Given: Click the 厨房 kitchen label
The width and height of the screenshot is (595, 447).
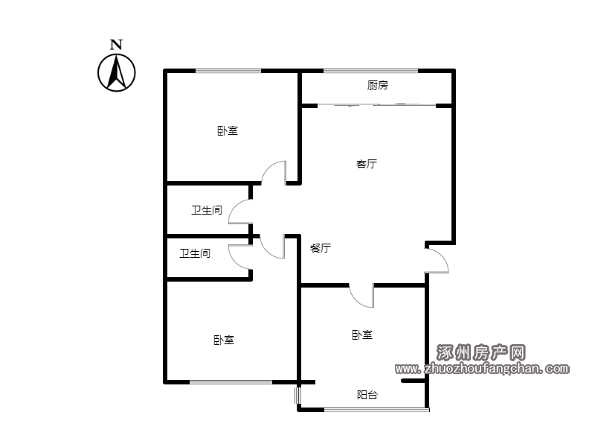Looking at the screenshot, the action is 378,86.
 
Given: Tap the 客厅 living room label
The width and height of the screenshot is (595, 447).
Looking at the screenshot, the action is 367,164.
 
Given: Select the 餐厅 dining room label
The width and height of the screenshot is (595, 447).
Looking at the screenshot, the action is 321,248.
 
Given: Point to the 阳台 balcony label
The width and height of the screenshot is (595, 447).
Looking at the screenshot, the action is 367,395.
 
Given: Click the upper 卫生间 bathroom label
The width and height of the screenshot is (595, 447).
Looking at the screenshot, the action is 207,210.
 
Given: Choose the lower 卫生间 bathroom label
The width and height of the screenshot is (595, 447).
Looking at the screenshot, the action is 195,253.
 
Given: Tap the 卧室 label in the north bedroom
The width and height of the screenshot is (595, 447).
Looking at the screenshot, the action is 228,131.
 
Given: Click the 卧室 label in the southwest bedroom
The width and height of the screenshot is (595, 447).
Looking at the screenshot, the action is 224,340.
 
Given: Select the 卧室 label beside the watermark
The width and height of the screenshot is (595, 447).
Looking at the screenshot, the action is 362,335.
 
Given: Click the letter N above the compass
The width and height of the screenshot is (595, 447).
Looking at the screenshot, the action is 117,45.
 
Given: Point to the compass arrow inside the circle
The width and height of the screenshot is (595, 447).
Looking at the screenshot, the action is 117,72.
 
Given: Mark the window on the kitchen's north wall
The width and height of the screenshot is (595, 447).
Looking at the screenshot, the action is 370,71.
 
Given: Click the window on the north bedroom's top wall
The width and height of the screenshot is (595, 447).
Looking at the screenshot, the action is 228,71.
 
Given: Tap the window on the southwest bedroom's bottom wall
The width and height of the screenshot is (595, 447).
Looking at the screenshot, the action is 231,382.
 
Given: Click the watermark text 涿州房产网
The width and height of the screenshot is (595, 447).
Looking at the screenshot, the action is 481,353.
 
